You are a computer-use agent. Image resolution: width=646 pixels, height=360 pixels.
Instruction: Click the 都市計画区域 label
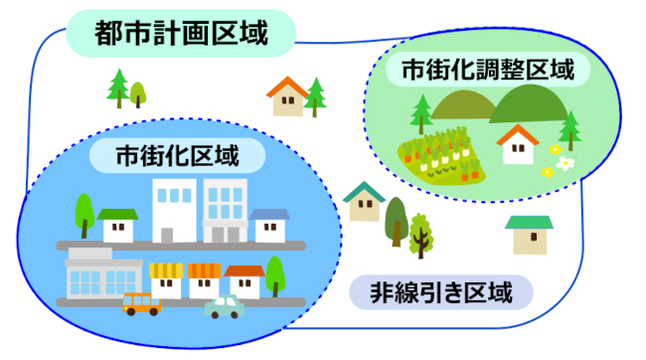pos(182,34)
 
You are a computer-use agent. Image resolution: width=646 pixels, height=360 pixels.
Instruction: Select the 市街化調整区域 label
pos(487,71)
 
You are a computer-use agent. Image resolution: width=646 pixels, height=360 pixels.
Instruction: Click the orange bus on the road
pos(141,303)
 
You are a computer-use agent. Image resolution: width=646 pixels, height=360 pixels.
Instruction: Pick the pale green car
pos(224,306)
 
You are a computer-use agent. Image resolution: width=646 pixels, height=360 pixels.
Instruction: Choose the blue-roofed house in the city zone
pos(268,225)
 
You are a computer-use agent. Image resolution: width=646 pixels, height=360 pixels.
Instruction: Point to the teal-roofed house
pos(365,201)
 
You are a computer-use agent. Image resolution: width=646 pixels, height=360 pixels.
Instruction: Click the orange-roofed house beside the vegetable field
pos(517,145)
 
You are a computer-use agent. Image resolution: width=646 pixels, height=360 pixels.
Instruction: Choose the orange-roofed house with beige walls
pos(287,96)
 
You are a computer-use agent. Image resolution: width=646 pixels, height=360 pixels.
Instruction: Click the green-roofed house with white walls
pos(118,225)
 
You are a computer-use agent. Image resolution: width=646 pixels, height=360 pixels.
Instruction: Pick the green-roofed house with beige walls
pos(529,235)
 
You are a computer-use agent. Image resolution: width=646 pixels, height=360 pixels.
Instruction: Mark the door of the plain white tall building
pos(166,235)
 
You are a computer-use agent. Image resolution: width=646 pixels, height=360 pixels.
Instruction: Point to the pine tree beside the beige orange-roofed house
pos(316,96)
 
